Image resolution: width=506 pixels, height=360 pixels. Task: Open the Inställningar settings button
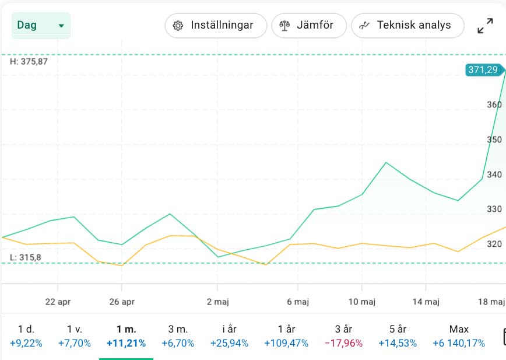click(216, 26)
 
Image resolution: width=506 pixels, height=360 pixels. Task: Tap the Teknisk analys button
click(407, 26)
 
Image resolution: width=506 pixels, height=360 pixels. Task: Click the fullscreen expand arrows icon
click(485, 26)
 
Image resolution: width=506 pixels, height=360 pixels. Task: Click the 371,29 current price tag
click(483, 70)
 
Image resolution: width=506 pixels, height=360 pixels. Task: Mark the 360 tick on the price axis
click(494, 105)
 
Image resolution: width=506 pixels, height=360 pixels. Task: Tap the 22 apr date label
click(57, 301)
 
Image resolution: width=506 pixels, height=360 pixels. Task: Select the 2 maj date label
click(217, 301)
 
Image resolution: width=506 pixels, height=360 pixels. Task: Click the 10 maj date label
click(361, 301)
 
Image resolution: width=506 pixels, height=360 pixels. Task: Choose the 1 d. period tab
click(26, 336)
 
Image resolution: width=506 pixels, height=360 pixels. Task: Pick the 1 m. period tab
click(126, 336)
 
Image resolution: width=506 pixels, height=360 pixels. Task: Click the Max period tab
click(459, 336)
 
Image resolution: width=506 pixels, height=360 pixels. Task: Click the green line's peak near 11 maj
click(386, 162)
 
